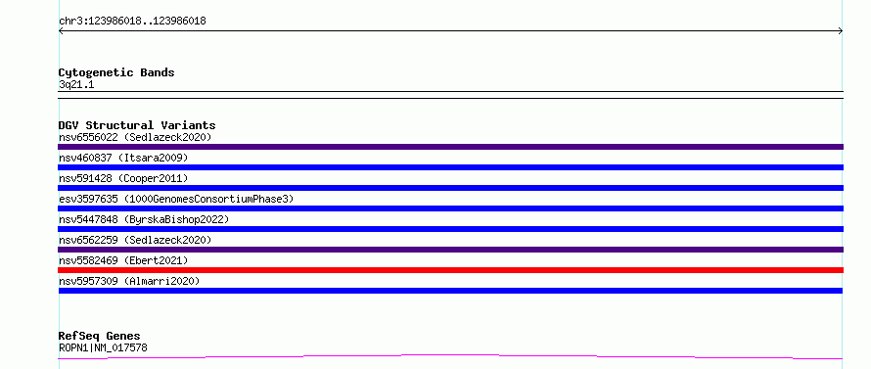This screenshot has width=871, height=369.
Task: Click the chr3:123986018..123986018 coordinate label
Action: (x=132, y=22)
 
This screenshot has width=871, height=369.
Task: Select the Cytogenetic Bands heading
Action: (x=116, y=72)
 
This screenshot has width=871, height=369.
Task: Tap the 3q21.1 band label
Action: (x=76, y=84)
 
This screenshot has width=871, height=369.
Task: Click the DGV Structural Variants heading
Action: (x=137, y=125)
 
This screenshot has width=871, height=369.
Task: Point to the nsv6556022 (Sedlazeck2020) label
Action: (x=135, y=137)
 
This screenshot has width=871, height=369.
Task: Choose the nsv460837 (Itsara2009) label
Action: (x=123, y=158)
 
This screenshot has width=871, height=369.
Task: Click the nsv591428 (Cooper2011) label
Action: (x=123, y=178)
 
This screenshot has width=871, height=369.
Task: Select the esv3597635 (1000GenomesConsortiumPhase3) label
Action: (x=176, y=199)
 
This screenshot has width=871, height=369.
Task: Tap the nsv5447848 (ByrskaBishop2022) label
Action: (x=144, y=219)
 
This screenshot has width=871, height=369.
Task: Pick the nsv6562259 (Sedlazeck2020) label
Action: (x=135, y=240)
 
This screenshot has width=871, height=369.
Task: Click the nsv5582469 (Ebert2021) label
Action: (x=123, y=260)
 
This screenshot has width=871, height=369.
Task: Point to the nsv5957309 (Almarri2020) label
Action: (x=129, y=281)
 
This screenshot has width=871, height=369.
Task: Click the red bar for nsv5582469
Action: (x=450, y=270)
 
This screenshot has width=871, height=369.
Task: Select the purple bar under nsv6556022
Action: (x=450, y=147)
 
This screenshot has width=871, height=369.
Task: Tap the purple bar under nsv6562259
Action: (x=450, y=250)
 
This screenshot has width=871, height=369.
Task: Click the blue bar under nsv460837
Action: (x=450, y=167)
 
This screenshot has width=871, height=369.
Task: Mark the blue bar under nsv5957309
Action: (x=450, y=291)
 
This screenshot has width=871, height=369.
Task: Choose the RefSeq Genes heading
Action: (x=100, y=336)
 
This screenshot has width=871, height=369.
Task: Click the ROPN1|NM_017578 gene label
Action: (x=103, y=347)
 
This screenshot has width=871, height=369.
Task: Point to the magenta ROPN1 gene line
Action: (x=450, y=354)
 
